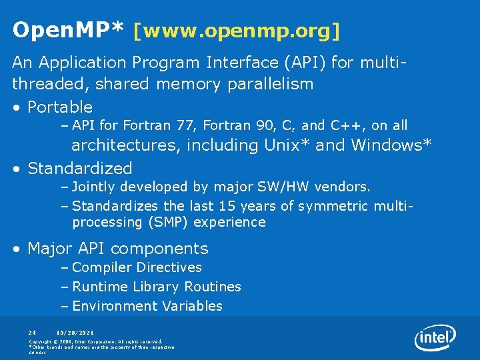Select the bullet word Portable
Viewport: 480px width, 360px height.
tap(60, 107)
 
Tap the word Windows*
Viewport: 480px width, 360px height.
tap(391, 145)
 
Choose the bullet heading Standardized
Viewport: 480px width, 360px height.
tap(80, 168)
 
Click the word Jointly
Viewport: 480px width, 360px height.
tap(93, 187)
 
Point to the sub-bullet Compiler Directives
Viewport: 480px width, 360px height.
tap(137, 267)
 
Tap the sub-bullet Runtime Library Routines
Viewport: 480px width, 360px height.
tap(157, 287)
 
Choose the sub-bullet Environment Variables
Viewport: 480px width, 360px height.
tap(147, 306)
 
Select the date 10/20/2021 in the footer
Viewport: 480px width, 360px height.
tap(75, 332)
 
